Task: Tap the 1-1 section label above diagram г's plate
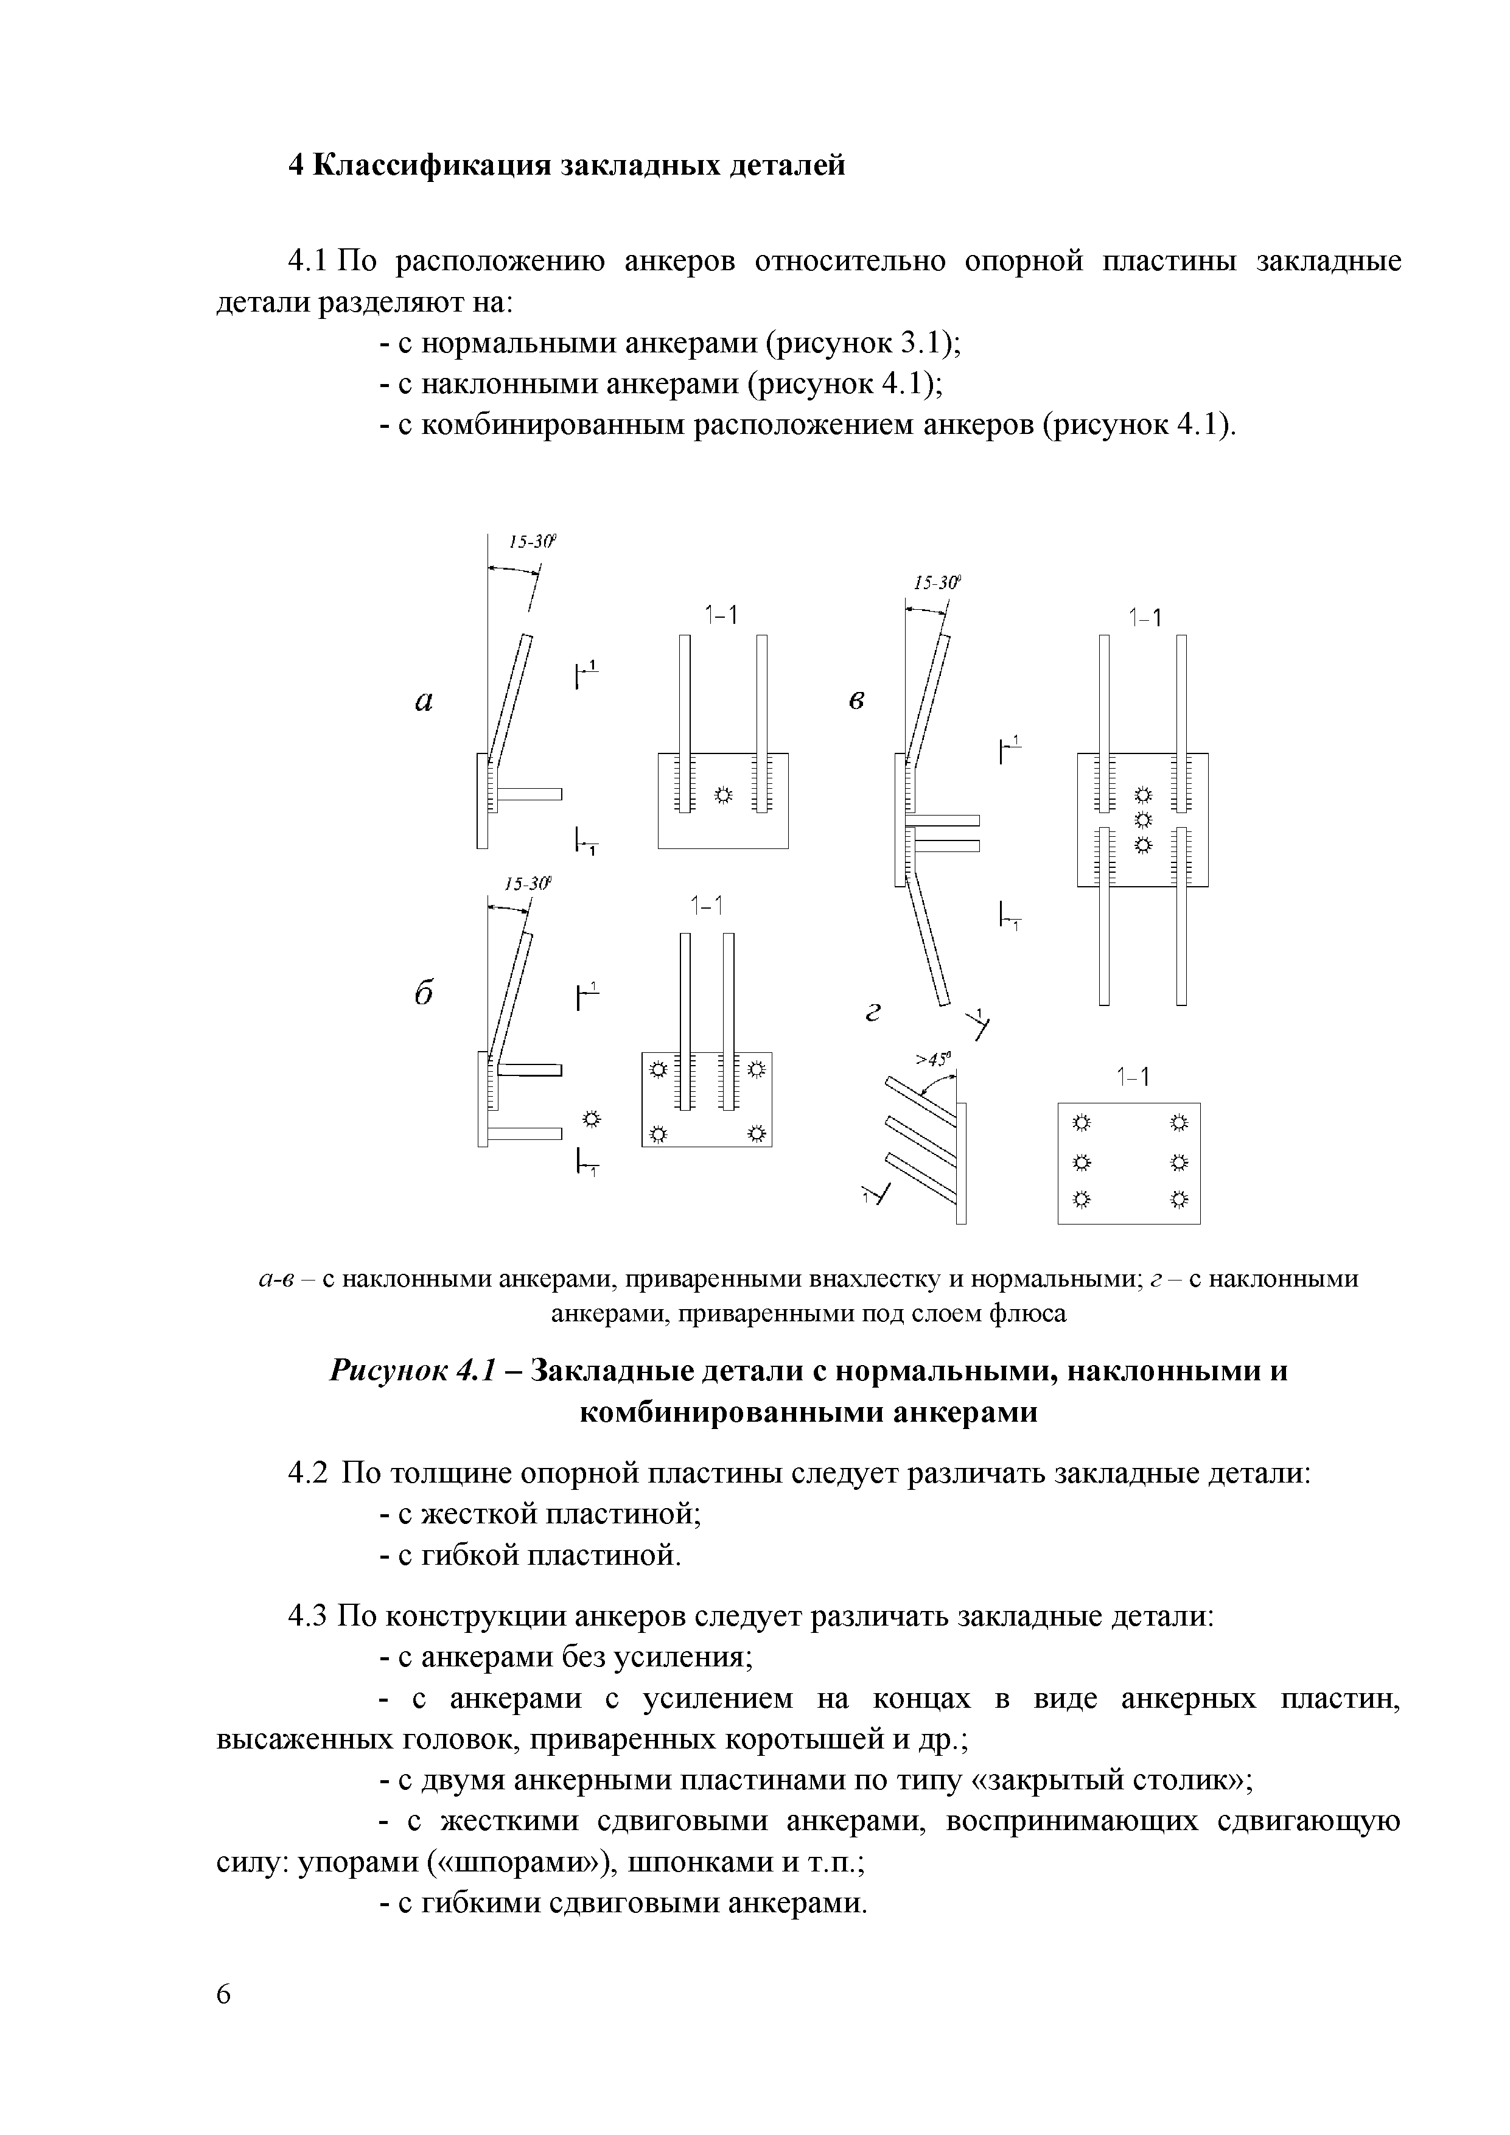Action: [1133, 1077]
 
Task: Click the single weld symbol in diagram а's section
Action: [722, 794]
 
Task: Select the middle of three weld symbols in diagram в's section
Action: [1143, 819]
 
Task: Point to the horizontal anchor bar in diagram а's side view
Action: [531, 793]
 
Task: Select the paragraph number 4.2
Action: [309, 1474]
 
